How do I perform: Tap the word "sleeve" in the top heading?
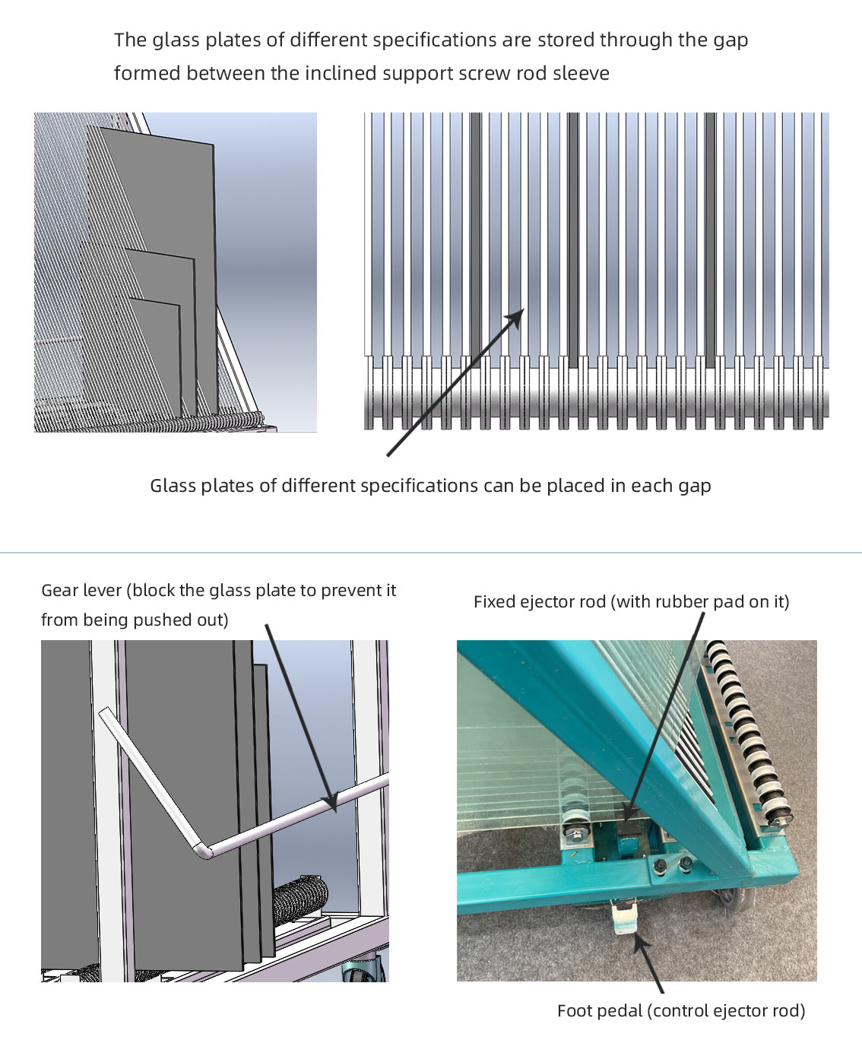click(x=582, y=74)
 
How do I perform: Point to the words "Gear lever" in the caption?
click(x=84, y=591)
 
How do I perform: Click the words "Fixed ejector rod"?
click(x=539, y=602)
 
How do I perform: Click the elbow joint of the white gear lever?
click(x=203, y=850)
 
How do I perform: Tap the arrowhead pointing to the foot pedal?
click(x=639, y=943)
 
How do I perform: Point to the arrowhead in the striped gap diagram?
click(x=518, y=316)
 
